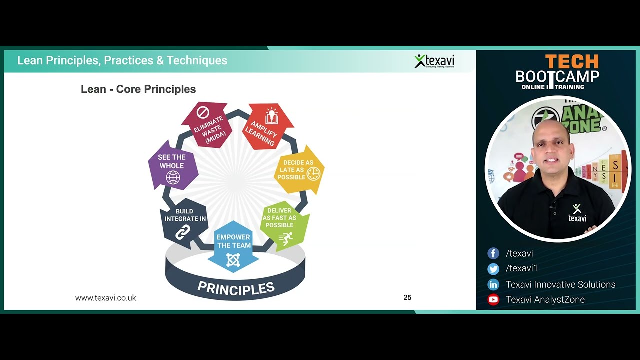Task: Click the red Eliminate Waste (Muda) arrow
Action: (207, 125)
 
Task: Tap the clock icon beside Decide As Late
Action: (313, 173)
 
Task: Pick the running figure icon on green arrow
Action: (286, 238)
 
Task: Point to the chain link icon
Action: (183, 232)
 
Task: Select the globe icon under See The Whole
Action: (173, 177)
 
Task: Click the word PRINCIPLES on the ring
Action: (236, 288)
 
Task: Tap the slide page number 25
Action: (407, 297)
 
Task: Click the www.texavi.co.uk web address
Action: (105, 298)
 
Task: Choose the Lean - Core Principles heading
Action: (138, 89)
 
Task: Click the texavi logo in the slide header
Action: (434, 61)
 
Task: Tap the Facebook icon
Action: (493, 253)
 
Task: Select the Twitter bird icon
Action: (493, 269)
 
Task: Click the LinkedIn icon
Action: (493, 284)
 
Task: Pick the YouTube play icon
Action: (493, 300)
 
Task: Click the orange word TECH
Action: (571, 62)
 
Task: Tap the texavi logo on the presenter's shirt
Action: (577, 213)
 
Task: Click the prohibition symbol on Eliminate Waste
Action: (203, 112)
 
